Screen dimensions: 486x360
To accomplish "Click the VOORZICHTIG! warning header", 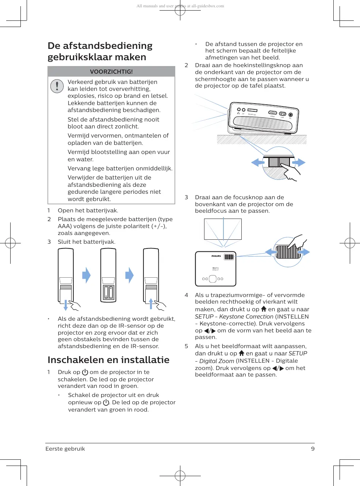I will tap(111, 72).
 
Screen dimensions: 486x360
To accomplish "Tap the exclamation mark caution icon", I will tap(57, 86).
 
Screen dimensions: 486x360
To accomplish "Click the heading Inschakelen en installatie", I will tap(108, 360).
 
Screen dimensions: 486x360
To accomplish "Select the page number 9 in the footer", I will tap(313, 449).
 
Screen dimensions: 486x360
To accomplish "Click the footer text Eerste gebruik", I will tap(65, 449).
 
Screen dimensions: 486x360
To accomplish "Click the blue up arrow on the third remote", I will tap(151, 303).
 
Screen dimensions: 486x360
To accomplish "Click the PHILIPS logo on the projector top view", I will tap(216, 256).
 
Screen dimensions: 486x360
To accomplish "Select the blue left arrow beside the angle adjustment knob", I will tap(258, 163).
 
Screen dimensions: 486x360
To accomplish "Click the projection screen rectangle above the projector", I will tap(223, 229).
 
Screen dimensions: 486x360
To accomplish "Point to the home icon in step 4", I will tap(264, 309).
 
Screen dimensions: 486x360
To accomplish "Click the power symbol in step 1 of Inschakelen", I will tap(85, 372).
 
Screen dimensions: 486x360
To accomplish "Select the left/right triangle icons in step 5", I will tap(278, 368).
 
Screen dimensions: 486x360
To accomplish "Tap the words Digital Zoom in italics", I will tap(217, 361).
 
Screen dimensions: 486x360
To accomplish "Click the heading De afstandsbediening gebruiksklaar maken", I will tap(100, 51).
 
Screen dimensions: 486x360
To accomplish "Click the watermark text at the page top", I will tap(180, 6).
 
